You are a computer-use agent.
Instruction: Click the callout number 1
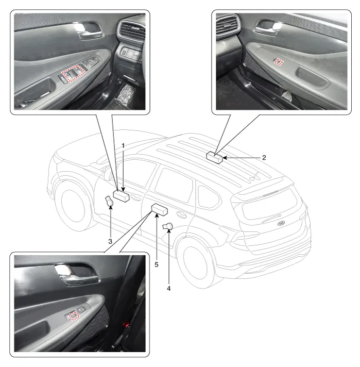click(123, 146)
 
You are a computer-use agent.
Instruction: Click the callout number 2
click(264, 158)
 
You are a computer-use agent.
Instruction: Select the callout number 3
click(110, 241)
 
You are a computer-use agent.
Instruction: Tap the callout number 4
click(168, 288)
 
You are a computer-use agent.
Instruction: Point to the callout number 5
click(157, 265)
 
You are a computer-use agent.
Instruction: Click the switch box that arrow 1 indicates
click(121, 196)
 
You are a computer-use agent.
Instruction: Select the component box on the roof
click(214, 158)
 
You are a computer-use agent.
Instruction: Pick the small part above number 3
click(109, 202)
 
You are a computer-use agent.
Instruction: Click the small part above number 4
click(167, 227)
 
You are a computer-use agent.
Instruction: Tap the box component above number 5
click(160, 210)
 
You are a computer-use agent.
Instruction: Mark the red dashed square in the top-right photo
click(279, 61)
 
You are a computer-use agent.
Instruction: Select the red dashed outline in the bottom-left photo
click(74, 316)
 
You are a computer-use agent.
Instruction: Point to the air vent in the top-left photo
click(131, 31)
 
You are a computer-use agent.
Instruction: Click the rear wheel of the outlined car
click(197, 263)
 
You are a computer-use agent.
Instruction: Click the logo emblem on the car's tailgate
click(281, 223)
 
